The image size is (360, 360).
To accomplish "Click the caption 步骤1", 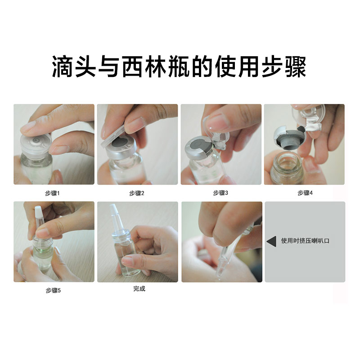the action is point(52,193).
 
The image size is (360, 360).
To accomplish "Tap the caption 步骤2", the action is point(137,193).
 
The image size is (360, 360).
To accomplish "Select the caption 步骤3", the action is point(220,193).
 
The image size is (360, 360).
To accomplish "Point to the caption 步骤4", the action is point(305,193).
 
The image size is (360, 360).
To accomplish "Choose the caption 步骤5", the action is point(53,290).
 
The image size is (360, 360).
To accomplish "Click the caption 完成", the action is point(139,288).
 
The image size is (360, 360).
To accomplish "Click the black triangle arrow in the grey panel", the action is point(272,241).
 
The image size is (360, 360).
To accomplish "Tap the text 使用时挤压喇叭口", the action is point(306,241).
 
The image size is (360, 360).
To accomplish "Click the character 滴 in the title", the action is point(63,67).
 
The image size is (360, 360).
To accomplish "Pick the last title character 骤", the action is point(296,67).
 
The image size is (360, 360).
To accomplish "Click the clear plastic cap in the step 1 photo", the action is point(36,144).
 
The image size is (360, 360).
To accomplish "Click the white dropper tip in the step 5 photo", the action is point(38,211).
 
